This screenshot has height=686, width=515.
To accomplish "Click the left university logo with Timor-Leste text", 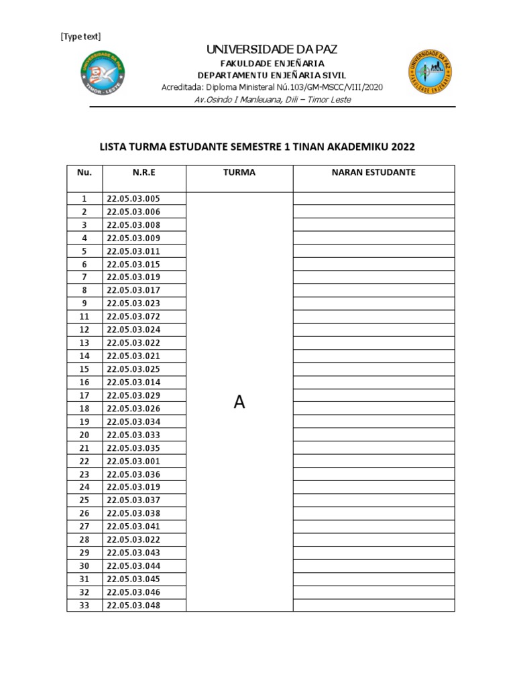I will tap(102, 72).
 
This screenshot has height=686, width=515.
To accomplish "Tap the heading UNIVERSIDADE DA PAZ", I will tap(272, 50).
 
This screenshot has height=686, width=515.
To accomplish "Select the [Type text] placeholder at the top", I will tap(80, 36).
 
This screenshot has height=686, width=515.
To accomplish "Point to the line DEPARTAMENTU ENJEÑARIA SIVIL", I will tap(272, 75).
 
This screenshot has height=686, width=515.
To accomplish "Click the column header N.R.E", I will tap(144, 172).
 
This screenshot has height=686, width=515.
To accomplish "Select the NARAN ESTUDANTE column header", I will tap(374, 172).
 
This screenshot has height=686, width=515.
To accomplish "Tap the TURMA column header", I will tap(239, 172).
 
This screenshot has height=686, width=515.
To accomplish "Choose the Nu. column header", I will tap(84, 172).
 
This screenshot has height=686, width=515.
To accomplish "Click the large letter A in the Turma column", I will tap(239, 402).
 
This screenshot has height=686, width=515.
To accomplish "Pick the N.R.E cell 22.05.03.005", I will tap(134, 199).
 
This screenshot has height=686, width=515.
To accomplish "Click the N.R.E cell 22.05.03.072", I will tap(134, 317).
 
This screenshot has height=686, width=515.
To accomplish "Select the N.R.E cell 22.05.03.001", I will tap(134, 462).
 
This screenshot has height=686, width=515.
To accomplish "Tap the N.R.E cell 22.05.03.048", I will tap(134, 606).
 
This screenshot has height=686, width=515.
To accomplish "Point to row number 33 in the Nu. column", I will tap(84, 606).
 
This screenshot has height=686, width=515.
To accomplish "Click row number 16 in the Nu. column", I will tap(84, 383).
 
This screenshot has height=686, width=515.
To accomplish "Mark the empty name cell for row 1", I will tap(374, 199).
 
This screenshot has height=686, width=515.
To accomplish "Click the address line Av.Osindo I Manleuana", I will tap(272, 100).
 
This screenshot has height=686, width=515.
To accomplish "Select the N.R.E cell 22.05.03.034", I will tap(134, 422).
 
